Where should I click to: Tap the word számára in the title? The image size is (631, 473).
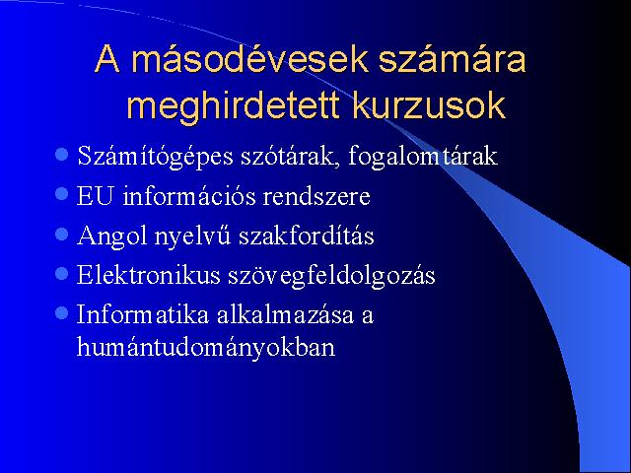[453, 59]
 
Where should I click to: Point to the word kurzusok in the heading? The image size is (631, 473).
[429, 105]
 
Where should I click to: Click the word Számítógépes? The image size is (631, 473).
[156, 156]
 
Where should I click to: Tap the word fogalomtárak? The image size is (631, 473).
[423, 156]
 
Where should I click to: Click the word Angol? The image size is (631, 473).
[112, 236]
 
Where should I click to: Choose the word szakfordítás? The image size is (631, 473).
[307, 236]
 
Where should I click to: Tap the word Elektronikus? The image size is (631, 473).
[149, 275]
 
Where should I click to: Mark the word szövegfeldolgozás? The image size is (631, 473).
[331, 276]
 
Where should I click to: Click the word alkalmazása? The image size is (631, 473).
[285, 314]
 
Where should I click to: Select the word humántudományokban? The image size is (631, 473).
[206, 347]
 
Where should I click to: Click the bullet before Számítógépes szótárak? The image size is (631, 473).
[61, 154]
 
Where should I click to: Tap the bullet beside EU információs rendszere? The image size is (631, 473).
[61, 194]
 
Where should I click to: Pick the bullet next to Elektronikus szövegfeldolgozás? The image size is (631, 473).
[61, 274]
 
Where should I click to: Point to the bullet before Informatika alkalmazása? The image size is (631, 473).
[61, 313]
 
